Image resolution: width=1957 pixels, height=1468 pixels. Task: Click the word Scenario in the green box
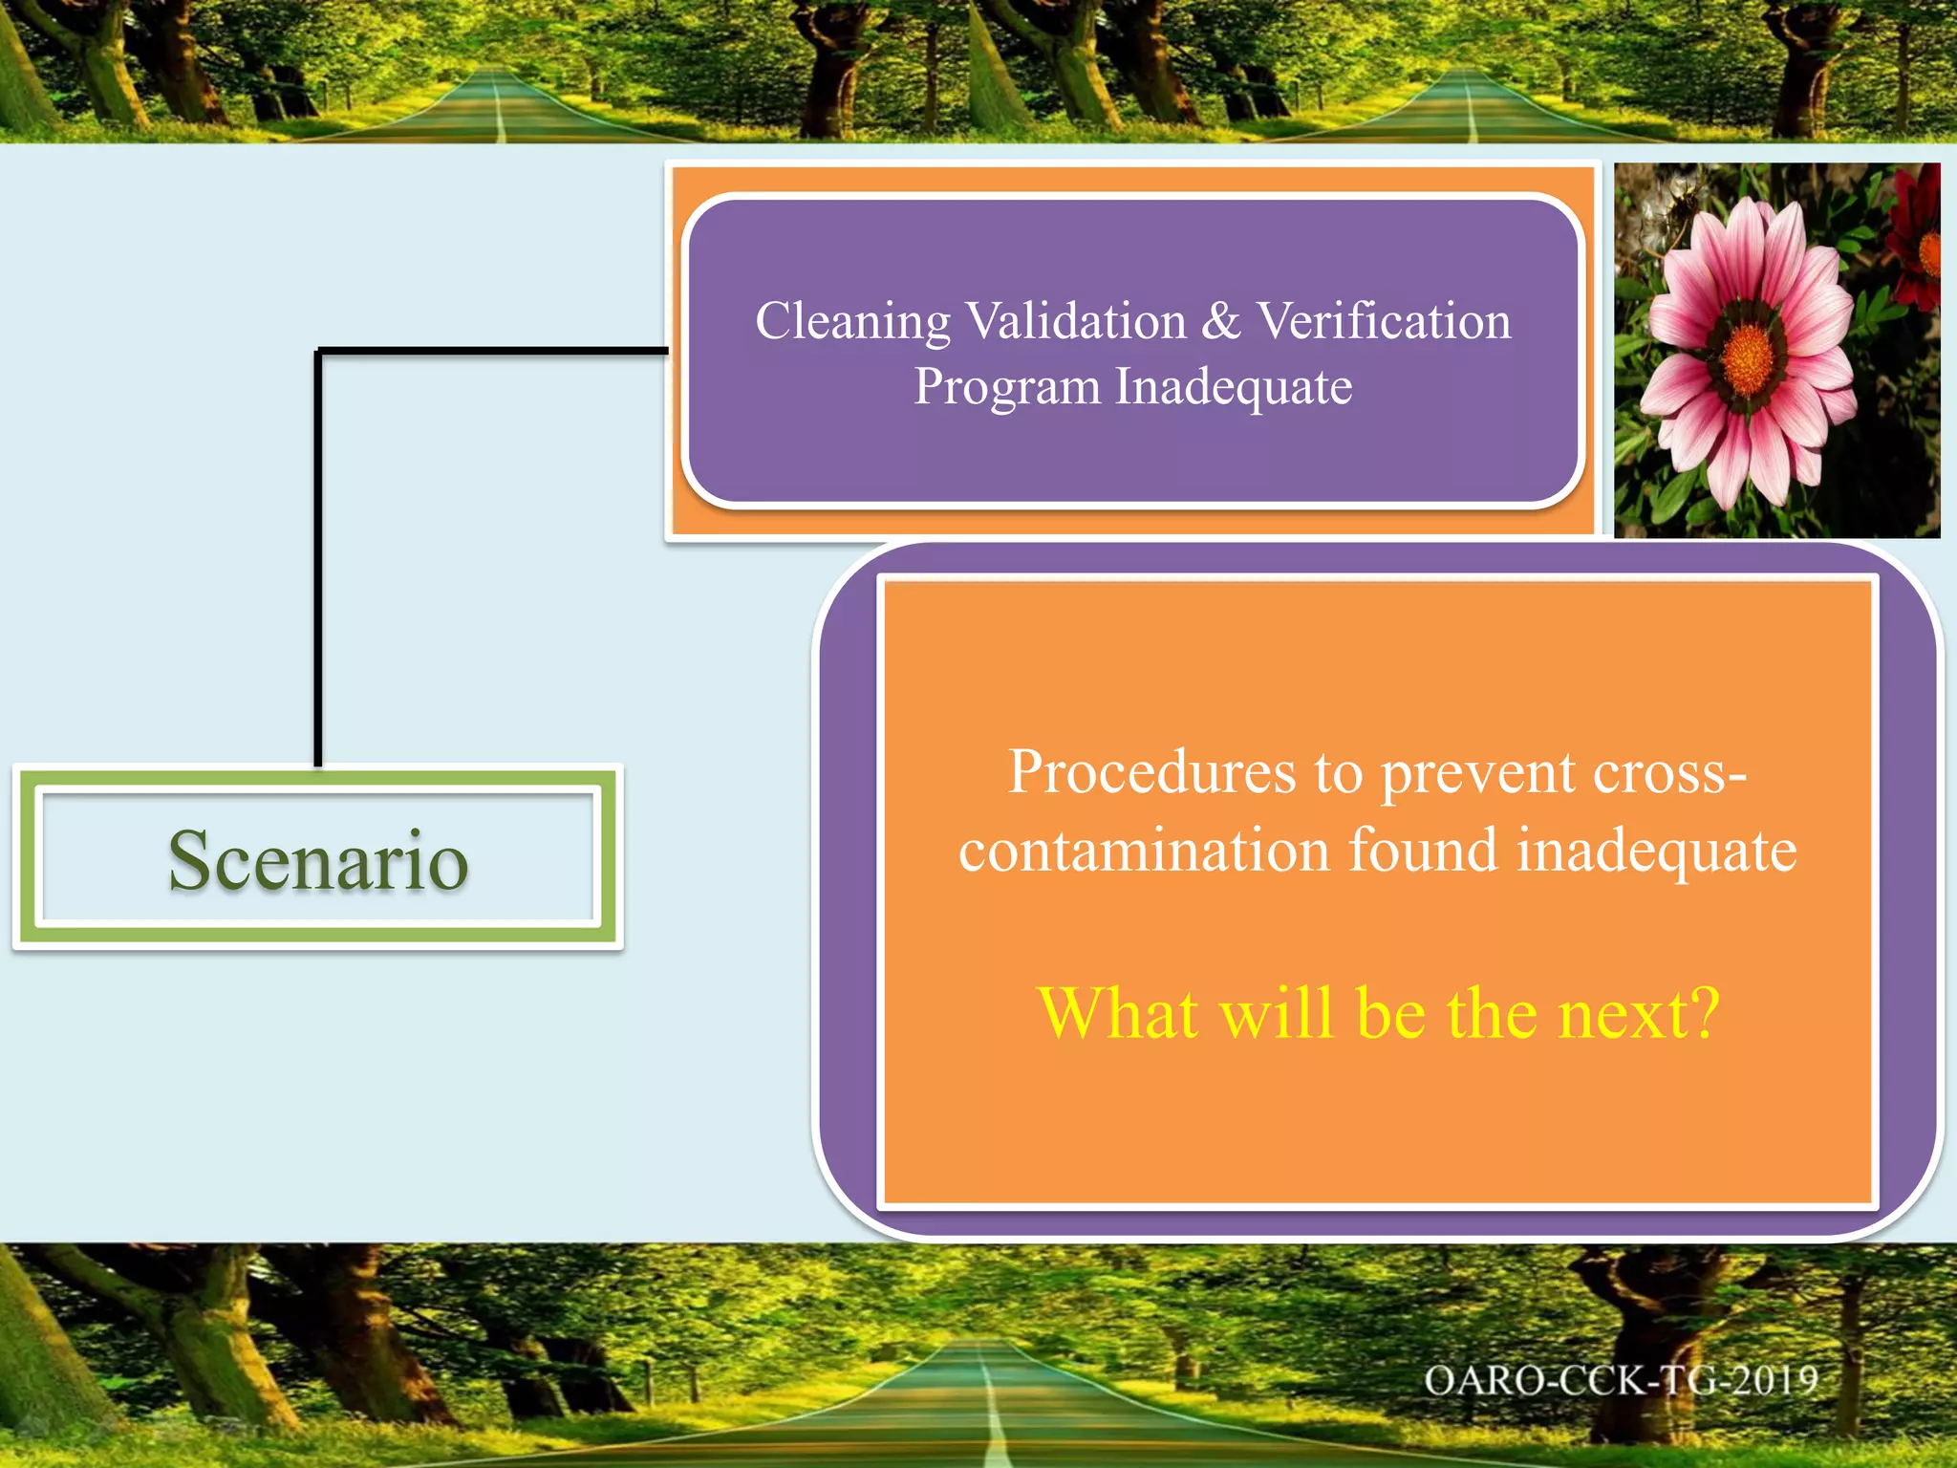318,860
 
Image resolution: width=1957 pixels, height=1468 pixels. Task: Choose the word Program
1007,388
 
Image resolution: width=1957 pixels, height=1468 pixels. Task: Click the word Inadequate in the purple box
1234,386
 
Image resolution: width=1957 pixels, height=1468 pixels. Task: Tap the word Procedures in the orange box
1151,772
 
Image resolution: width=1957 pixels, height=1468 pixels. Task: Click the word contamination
1145,850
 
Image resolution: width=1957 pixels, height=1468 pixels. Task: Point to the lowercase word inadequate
1656,852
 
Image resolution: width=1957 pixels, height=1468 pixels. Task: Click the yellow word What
1119,1013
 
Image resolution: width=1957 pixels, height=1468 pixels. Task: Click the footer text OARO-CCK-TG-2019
1621,1381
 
